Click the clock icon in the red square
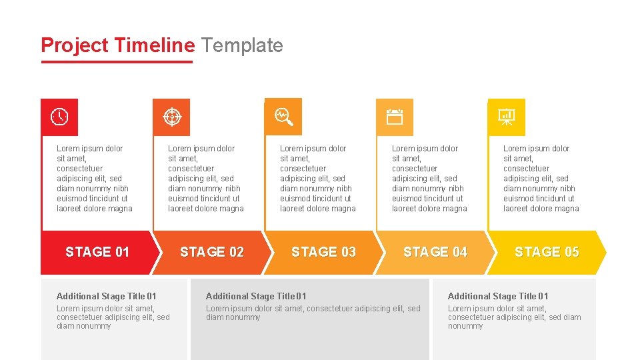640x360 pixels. coord(59,117)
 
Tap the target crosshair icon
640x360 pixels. coord(171,117)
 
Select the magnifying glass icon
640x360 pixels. coord(284,117)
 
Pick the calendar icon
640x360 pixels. coord(395,117)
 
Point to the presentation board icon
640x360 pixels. coord(507,117)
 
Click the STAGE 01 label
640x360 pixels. coord(97,252)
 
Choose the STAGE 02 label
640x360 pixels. coord(212,252)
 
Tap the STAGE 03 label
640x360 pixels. coord(323,252)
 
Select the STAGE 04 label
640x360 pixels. coord(435,252)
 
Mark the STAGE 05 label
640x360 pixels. coord(547,252)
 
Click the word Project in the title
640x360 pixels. coord(74,45)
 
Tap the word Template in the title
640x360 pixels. coord(242,45)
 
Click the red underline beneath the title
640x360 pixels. coord(117,62)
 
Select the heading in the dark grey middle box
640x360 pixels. coord(256,296)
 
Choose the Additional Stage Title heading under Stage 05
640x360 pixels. coord(498,296)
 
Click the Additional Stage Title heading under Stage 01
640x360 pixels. coord(107,296)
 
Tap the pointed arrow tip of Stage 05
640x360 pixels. coord(603,253)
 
